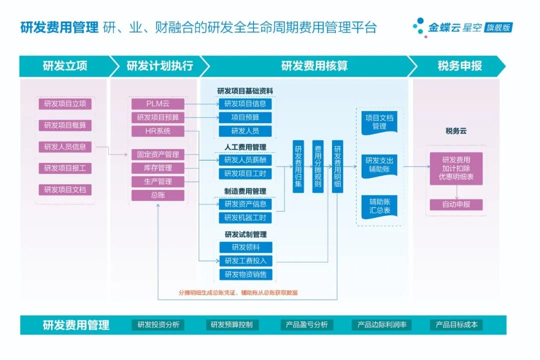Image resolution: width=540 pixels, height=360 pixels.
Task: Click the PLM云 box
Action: point(158,104)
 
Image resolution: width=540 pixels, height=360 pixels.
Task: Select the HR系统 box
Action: point(158,131)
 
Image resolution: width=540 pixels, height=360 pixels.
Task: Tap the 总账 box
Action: point(158,195)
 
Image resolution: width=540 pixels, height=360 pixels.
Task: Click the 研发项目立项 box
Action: point(65,104)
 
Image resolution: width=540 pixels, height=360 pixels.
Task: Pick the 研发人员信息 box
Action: point(65,147)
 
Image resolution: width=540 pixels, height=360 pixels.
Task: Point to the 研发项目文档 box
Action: point(65,190)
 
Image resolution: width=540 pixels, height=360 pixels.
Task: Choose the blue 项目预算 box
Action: point(245,117)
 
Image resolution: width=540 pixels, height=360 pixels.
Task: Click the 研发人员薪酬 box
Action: point(245,160)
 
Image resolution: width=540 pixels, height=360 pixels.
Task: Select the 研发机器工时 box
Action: point(245,218)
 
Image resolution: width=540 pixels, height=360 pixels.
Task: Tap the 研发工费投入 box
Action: point(245,260)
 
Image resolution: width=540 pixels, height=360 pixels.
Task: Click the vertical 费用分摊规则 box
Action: point(318,166)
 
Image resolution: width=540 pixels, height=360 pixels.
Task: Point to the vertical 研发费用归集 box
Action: point(298,166)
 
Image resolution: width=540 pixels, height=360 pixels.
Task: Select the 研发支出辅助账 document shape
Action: point(379,165)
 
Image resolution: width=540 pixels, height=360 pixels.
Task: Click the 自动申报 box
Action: point(456,204)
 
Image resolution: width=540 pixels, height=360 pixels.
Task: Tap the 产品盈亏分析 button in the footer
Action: point(306,325)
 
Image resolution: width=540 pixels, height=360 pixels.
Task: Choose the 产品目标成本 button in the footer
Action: point(456,325)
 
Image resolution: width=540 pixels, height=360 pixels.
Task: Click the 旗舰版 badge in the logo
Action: point(498,28)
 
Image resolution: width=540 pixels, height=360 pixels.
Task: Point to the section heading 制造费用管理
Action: point(245,191)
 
